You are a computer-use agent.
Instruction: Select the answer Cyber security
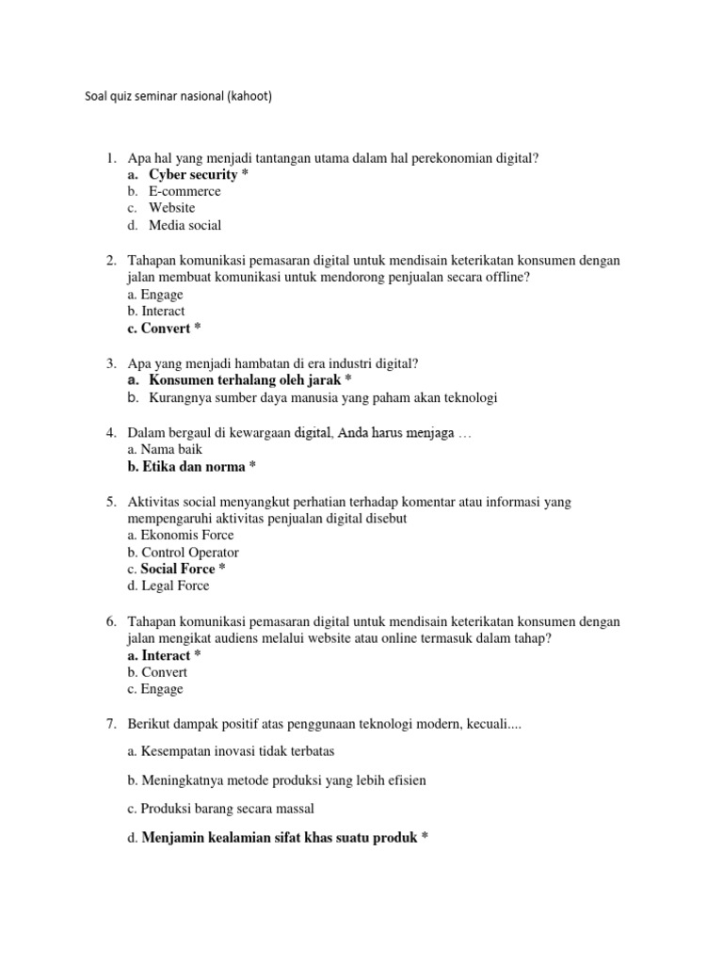point(192,174)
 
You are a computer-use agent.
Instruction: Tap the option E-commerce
point(185,191)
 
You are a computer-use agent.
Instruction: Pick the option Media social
point(185,225)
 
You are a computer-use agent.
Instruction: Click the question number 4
point(110,433)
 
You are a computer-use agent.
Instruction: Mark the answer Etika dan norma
point(192,467)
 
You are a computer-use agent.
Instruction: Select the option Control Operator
point(189,552)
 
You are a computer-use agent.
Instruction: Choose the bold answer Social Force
point(177,569)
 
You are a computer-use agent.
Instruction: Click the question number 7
point(110,723)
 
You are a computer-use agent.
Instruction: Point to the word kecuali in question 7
point(480,723)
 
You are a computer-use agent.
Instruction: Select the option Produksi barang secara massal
point(226,808)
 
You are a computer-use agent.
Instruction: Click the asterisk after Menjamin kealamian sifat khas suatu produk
point(426,836)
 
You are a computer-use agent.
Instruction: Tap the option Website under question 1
point(171,208)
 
